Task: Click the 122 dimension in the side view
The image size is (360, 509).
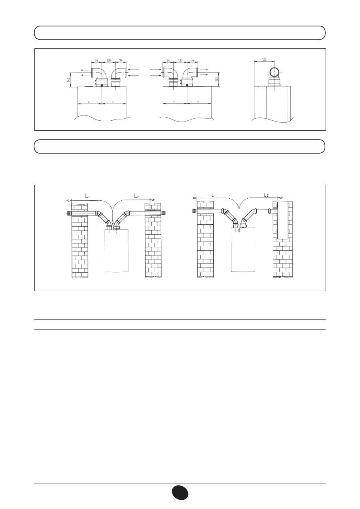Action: pyautogui.click(x=264, y=59)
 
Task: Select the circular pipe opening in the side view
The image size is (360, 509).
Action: pyautogui.click(x=274, y=73)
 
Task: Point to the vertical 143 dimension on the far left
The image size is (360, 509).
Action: pyautogui.click(x=69, y=80)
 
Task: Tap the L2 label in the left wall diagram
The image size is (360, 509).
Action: pyautogui.click(x=137, y=196)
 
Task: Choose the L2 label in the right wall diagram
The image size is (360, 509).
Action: pyautogui.click(x=266, y=195)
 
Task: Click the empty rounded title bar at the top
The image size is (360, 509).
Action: pyautogui.click(x=180, y=33)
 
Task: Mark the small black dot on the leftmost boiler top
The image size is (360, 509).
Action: pyautogui.click(x=102, y=86)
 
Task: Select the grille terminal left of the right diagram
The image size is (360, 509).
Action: pyautogui.click(x=194, y=211)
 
